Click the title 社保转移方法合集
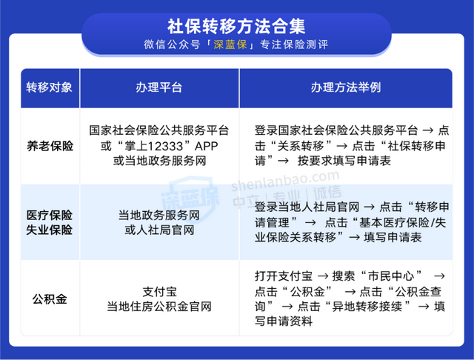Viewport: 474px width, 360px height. (x=236, y=25)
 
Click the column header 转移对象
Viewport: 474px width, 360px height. (x=50, y=87)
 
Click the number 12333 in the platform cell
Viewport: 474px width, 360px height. (x=153, y=146)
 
